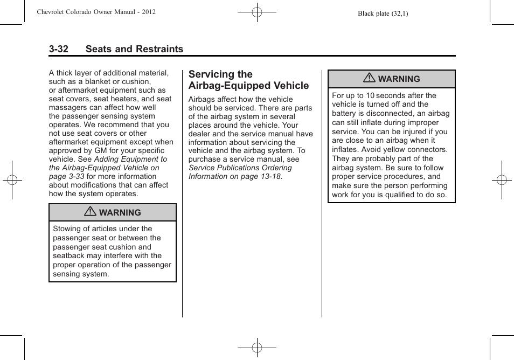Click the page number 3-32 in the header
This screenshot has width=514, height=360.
click(x=58, y=49)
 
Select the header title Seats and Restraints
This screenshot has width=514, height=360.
click(x=134, y=49)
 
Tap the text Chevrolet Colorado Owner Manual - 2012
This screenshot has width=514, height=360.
click(x=96, y=12)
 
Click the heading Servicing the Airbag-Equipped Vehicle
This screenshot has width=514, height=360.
click(x=248, y=80)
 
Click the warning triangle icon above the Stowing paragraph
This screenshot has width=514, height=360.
click(x=91, y=212)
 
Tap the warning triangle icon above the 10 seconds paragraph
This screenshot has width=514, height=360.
click(x=369, y=78)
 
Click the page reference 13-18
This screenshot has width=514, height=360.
click(x=270, y=177)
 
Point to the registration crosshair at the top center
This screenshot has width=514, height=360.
click(x=257, y=12)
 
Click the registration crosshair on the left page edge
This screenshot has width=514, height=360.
click(x=12, y=180)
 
